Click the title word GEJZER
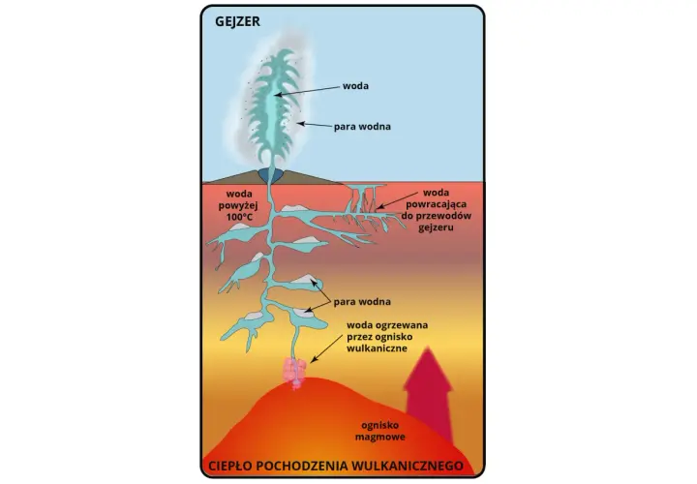pos(237,21)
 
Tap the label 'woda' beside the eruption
pos(355,86)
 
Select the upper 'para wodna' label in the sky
pos(362,127)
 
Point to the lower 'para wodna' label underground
pos(362,302)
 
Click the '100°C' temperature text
pos(239,218)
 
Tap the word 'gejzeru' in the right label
pos(436,227)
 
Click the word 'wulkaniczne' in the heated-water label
pos(377,348)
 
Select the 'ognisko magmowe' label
pos(380,431)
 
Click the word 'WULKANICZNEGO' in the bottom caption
pos(408,466)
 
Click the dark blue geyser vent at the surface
pos(272,174)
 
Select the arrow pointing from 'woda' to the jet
pos(307,91)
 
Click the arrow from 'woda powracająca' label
pos(397,200)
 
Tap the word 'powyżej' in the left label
pos(238,206)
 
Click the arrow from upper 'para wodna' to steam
pos(315,125)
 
